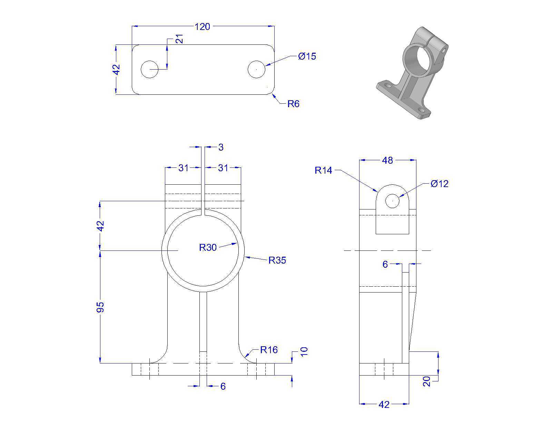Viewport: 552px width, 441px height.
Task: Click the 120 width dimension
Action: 202,27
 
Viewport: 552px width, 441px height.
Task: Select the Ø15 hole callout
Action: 307,56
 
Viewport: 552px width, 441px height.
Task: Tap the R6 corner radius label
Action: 293,104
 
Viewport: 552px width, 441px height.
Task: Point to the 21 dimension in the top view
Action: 180,39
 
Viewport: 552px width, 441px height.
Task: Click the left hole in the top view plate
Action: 149,69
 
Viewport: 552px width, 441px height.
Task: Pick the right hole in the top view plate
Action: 256,69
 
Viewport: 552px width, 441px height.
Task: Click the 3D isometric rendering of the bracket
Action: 412,73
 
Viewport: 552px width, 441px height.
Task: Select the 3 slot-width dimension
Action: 221,147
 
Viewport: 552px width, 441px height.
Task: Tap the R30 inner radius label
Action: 208,247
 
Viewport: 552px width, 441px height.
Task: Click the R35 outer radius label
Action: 277,260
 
